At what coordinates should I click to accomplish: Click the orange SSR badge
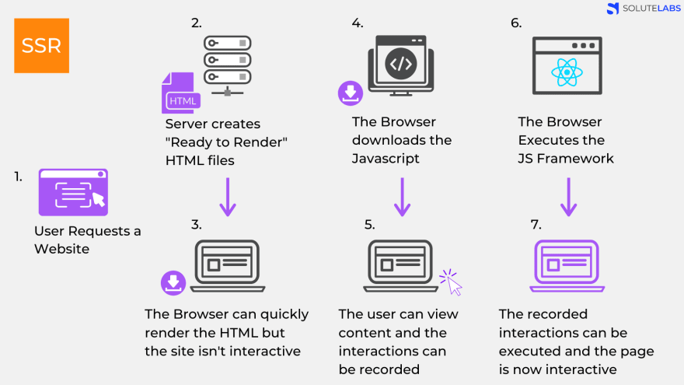point(41,46)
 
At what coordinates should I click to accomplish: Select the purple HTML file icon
point(181,93)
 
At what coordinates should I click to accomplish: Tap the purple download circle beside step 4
point(351,93)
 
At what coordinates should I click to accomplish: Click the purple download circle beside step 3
point(173,282)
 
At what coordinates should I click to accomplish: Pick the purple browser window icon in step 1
point(73,192)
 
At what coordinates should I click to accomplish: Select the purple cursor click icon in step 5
point(450,282)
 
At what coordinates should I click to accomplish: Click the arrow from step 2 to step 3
point(227,197)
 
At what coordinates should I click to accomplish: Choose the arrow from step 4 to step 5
point(402,197)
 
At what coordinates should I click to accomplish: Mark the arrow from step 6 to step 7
point(568,197)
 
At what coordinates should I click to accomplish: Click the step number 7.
point(536,225)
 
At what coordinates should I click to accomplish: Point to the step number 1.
point(18,177)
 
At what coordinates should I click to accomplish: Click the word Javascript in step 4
point(386,159)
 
